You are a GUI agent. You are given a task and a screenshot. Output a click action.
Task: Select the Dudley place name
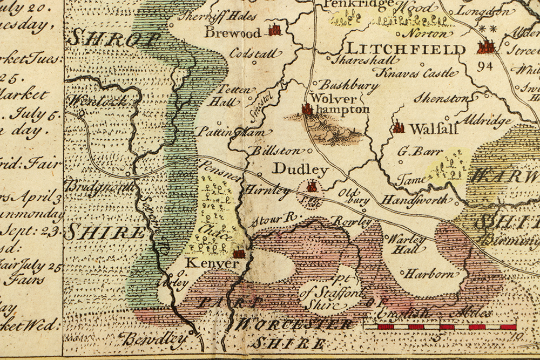pos(300,169)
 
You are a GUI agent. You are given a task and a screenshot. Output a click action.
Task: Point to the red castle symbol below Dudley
pos(311,187)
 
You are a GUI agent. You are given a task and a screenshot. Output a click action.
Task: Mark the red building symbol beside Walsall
pos(399,127)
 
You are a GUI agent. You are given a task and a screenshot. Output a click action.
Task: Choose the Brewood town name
pos(232,33)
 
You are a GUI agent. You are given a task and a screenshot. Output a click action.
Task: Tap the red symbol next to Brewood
pos(275,30)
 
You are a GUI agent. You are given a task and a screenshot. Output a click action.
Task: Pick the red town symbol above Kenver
pos(238,253)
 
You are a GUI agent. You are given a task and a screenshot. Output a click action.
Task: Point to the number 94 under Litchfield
pos(485,66)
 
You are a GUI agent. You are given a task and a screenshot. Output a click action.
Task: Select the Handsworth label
pos(415,200)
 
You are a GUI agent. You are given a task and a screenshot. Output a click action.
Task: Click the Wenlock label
pos(97,101)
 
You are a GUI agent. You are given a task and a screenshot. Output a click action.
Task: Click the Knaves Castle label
pos(417,73)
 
